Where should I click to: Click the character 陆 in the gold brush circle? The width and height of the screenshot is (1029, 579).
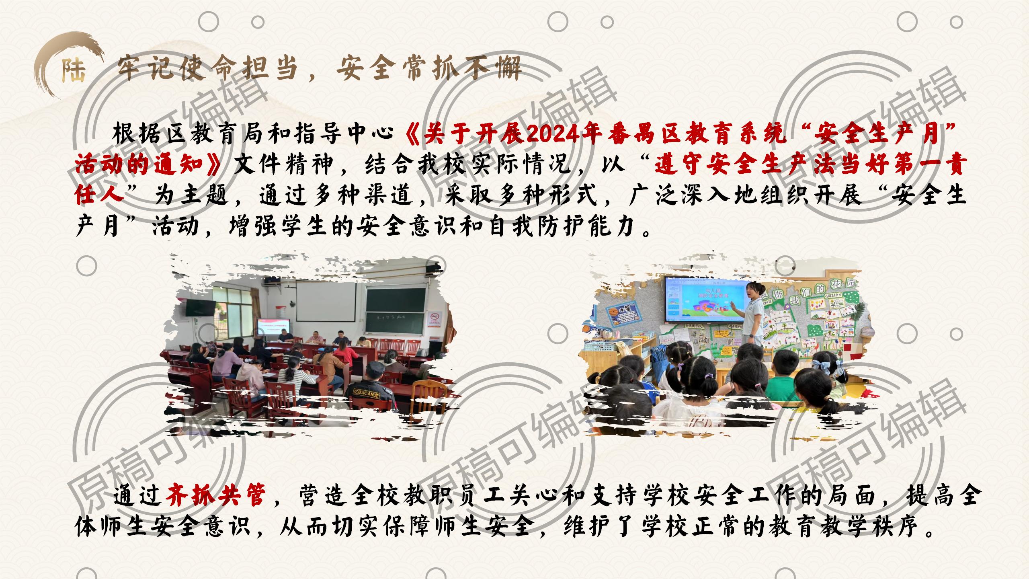pos(74,71)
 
